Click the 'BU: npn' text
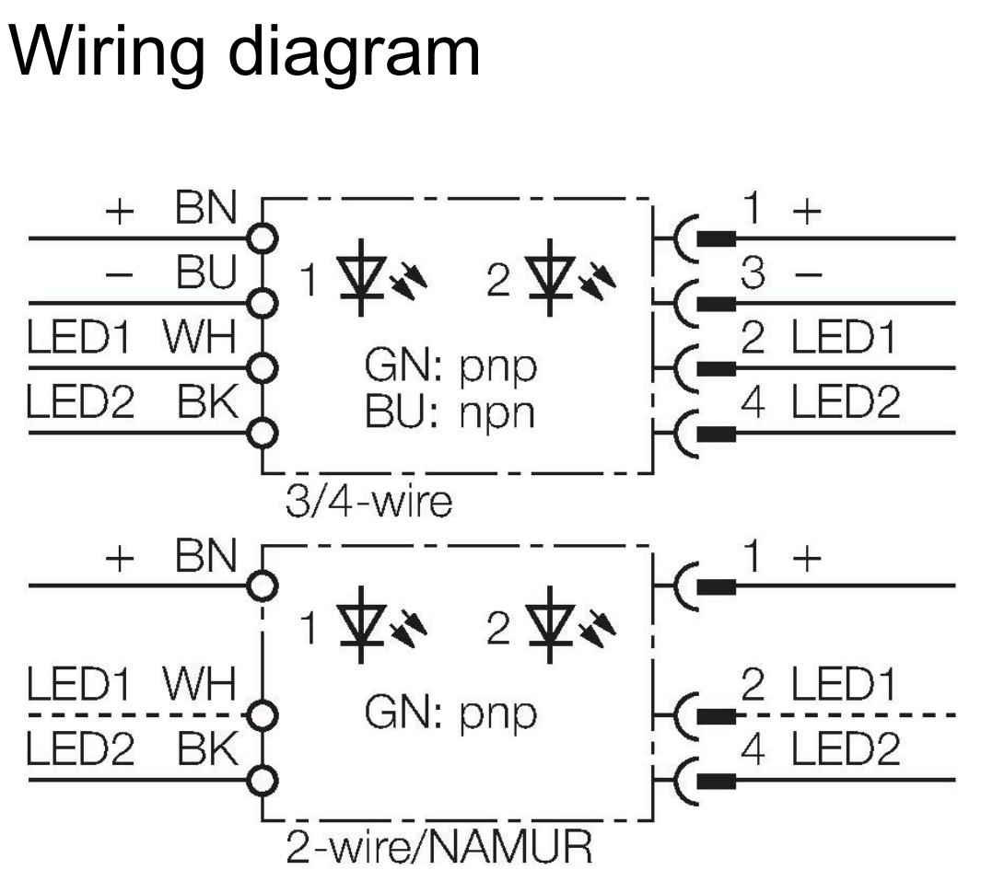pyautogui.click(x=450, y=413)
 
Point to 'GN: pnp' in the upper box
pyautogui.click(x=450, y=368)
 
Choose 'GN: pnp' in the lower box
pyautogui.click(x=450, y=713)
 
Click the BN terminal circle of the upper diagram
pyautogui.click(x=264, y=238)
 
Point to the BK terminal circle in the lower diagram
pyautogui.click(x=264, y=781)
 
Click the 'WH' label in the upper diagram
pyautogui.click(x=199, y=340)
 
